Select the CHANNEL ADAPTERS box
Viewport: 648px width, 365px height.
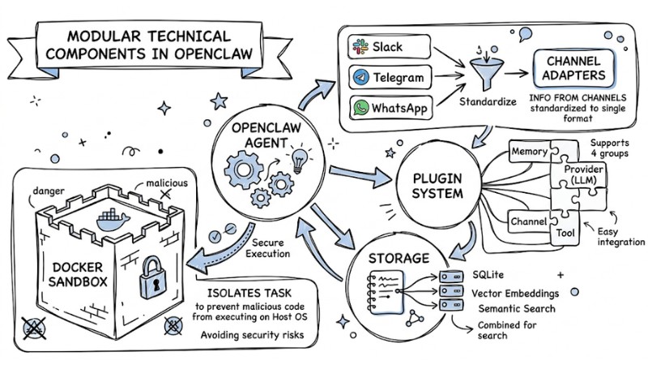(571, 71)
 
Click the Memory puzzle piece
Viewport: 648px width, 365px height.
(531, 151)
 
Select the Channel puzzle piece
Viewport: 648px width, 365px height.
(528, 220)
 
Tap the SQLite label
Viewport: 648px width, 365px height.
(490, 276)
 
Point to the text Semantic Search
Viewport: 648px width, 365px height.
(517, 309)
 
